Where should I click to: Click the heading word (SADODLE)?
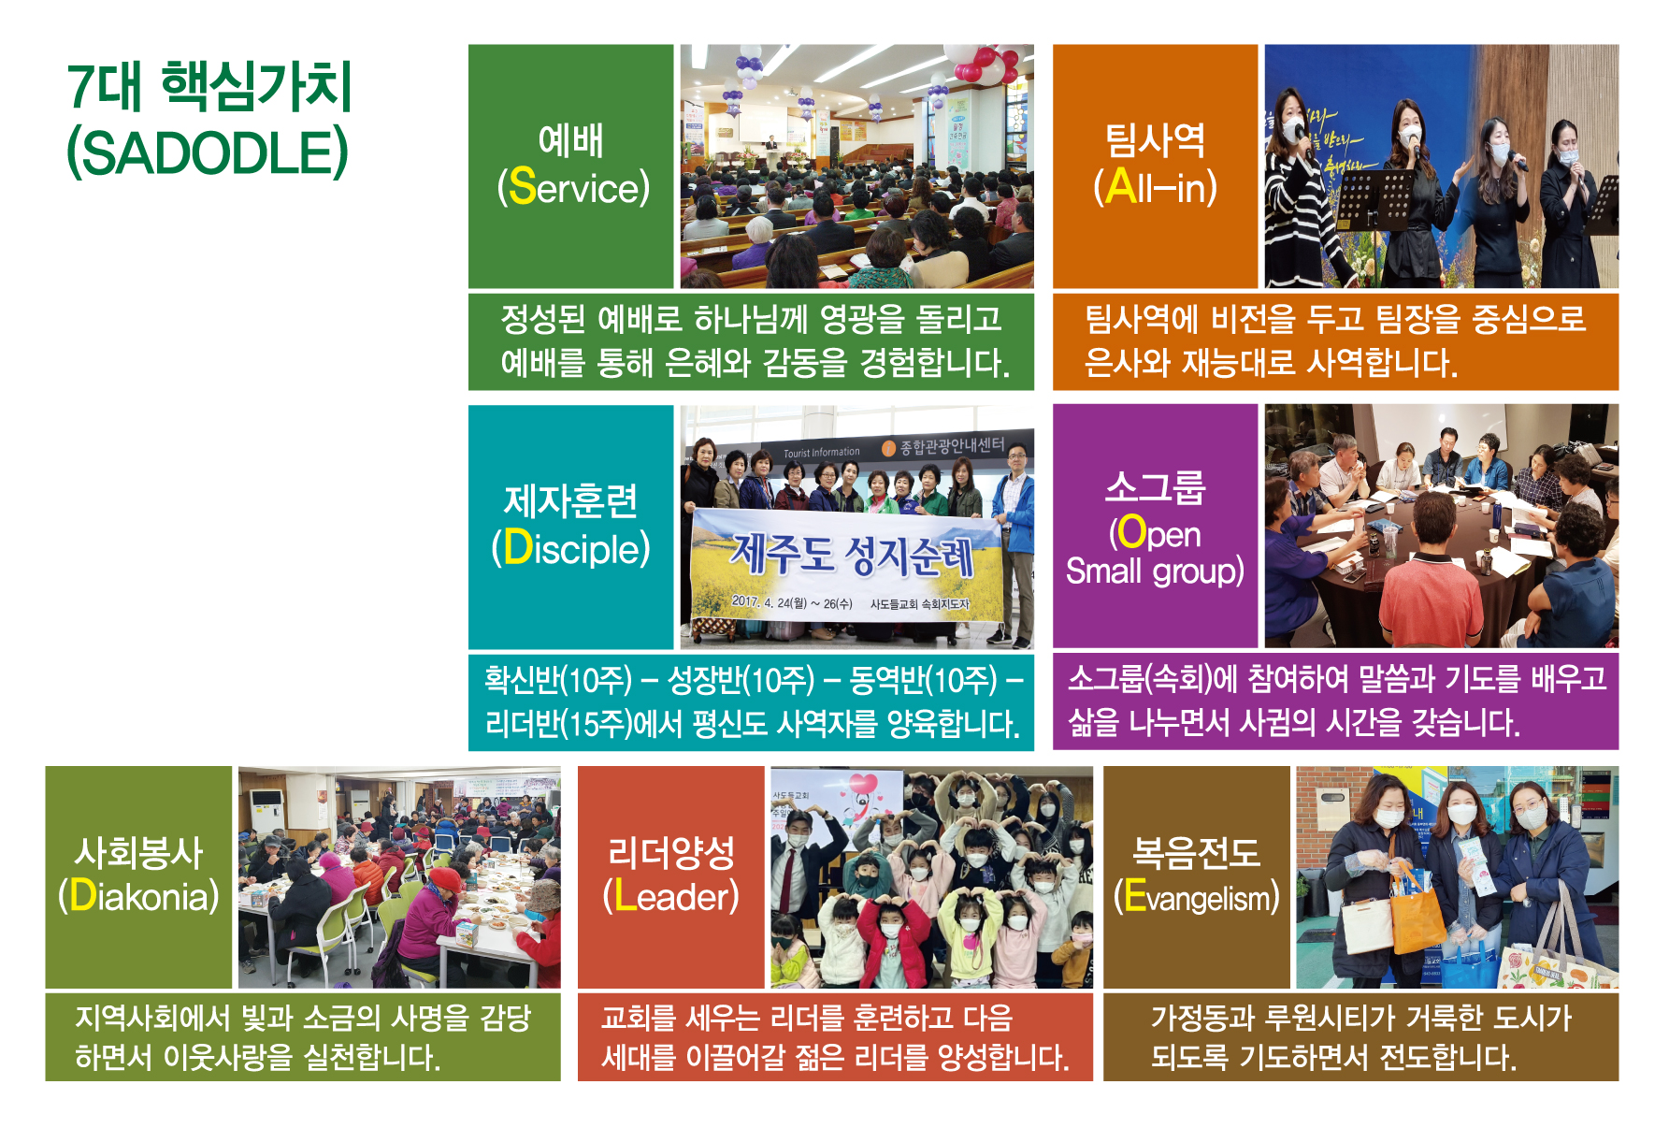coord(208,153)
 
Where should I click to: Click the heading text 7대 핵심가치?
coord(209,86)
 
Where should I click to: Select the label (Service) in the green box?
coord(573,187)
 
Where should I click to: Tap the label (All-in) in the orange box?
coord(1156,187)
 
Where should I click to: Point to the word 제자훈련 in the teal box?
coord(570,501)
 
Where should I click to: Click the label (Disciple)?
coord(570,548)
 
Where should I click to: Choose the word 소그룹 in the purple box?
coord(1156,487)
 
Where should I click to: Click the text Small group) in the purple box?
coord(1156,571)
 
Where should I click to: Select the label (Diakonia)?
coord(138,896)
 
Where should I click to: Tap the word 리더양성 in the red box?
coord(671,852)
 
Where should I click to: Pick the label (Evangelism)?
coord(1197,897)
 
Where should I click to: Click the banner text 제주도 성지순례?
coord(851,555)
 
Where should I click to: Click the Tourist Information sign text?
coord(822,453)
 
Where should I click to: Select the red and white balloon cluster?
coord(982,61)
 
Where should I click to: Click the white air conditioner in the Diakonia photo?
coord(266,812)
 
